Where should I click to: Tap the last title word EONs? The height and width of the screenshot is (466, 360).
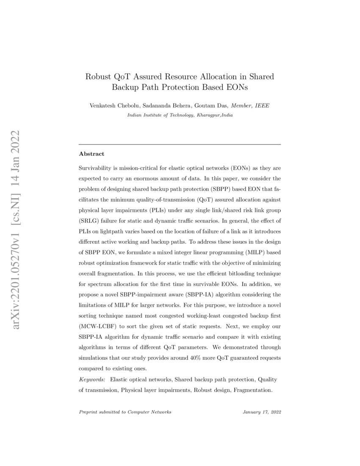click(x=235, y=88)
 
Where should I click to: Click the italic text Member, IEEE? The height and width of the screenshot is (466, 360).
click(x=252, y=105)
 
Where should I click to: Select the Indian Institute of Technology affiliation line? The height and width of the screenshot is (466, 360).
click(x=180, y=115)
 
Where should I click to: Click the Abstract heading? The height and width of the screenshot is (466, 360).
click(x=91, y=154)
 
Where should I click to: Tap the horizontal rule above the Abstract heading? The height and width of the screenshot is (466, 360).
click(x=180, y=144)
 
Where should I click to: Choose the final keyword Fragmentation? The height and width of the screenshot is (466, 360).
click(x=251, y=390)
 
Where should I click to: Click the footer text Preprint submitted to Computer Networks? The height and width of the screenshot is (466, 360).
click(x=125, y=412)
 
